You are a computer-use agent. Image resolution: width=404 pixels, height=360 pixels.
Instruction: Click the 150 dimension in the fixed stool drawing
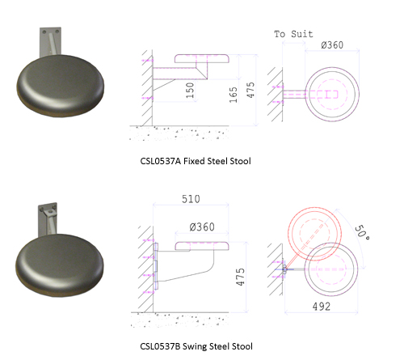point(190,90)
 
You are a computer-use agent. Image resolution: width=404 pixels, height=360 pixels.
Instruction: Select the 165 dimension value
point(234,95)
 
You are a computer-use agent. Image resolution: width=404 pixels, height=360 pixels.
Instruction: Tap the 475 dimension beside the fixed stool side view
point(250,90)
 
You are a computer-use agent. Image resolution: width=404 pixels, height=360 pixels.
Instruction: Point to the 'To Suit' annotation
point(293,34)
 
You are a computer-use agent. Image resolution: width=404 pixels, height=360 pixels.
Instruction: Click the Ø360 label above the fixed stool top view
point(332,44)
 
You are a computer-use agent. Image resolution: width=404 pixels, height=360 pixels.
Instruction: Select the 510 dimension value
point(191,199)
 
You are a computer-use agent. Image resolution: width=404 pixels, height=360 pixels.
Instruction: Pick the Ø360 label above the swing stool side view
point(202,227)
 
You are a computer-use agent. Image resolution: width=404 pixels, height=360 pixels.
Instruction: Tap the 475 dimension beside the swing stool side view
point(240,277)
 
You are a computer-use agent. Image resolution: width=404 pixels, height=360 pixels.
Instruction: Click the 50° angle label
point(362,232)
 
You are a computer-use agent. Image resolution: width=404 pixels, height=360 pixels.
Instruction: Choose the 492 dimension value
point(322,307)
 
